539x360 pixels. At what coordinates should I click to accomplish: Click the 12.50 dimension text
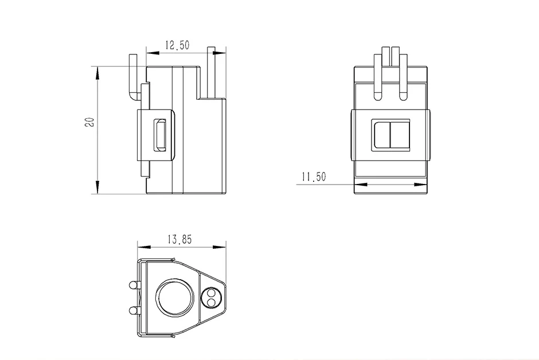pyautogui.click(x=177, y=46)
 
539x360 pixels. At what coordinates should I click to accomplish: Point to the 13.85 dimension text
pyautogui.click(x=179, y=240)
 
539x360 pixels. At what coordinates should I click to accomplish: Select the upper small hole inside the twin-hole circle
pyautogui.click(x=211, y=294)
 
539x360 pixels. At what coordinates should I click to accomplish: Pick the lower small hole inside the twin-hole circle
pyautogui.click(x=211, y=302)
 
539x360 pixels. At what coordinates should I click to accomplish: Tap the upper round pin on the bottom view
pyautogui.click(x=133, y=285)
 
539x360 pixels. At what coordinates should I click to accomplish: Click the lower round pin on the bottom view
pyautogui.click(x=133, y=311)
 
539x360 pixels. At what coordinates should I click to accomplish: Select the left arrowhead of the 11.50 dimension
pyautogui.click(x=360, y=183)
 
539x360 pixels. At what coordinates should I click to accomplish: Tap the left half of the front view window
pyautogui.click(x=381, y=135)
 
